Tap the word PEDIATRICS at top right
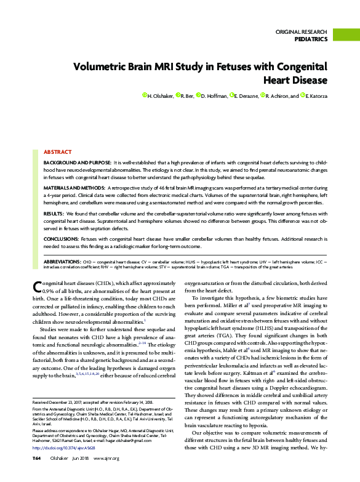311,39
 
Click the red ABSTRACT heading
57,151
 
